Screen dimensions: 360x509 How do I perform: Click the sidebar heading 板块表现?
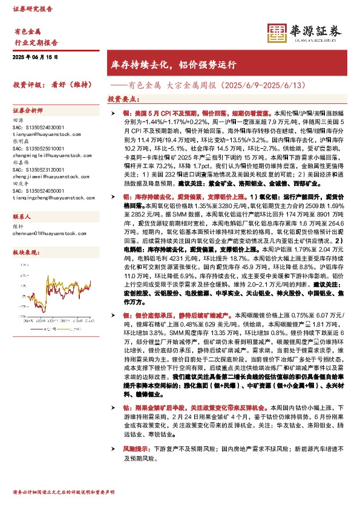pos(25,251)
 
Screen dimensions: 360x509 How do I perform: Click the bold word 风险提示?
pos(136,449)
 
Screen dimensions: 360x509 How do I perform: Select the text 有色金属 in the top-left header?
pos(27,31)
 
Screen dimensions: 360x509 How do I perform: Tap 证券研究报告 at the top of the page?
pos(30,10)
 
